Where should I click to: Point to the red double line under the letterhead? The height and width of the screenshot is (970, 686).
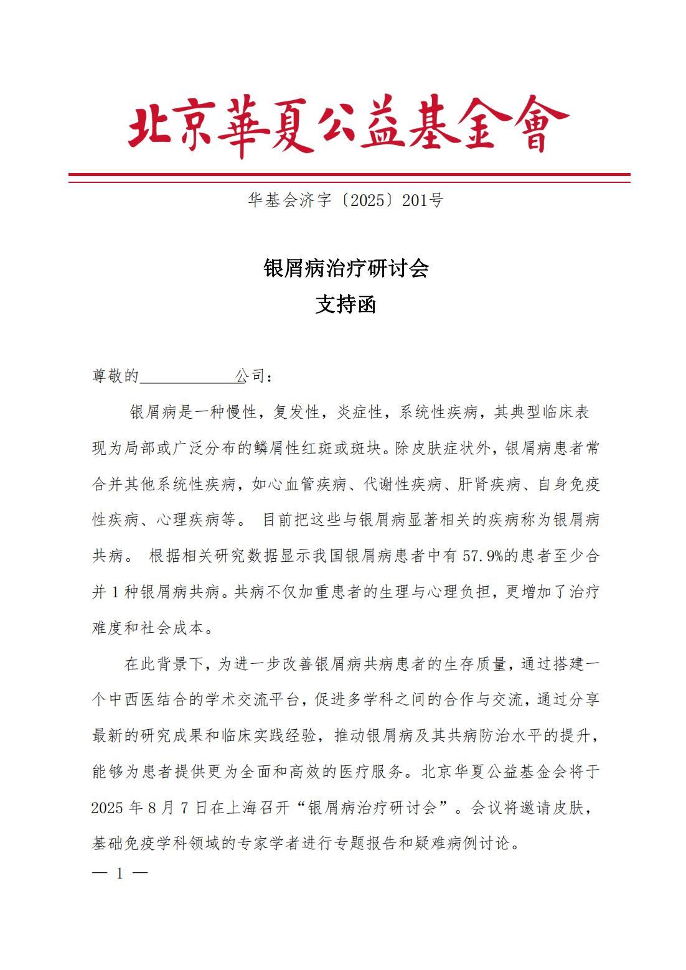point(349,177)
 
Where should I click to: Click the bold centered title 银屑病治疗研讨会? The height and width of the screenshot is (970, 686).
point(346,269)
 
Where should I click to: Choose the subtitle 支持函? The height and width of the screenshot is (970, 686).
point(346,305)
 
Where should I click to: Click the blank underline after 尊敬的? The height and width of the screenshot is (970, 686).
point(187,377)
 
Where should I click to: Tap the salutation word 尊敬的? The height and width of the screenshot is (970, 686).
point(115,376)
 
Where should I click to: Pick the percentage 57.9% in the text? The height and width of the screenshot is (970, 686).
point(484,556)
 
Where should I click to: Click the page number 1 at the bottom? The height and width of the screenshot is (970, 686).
point(120,874)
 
